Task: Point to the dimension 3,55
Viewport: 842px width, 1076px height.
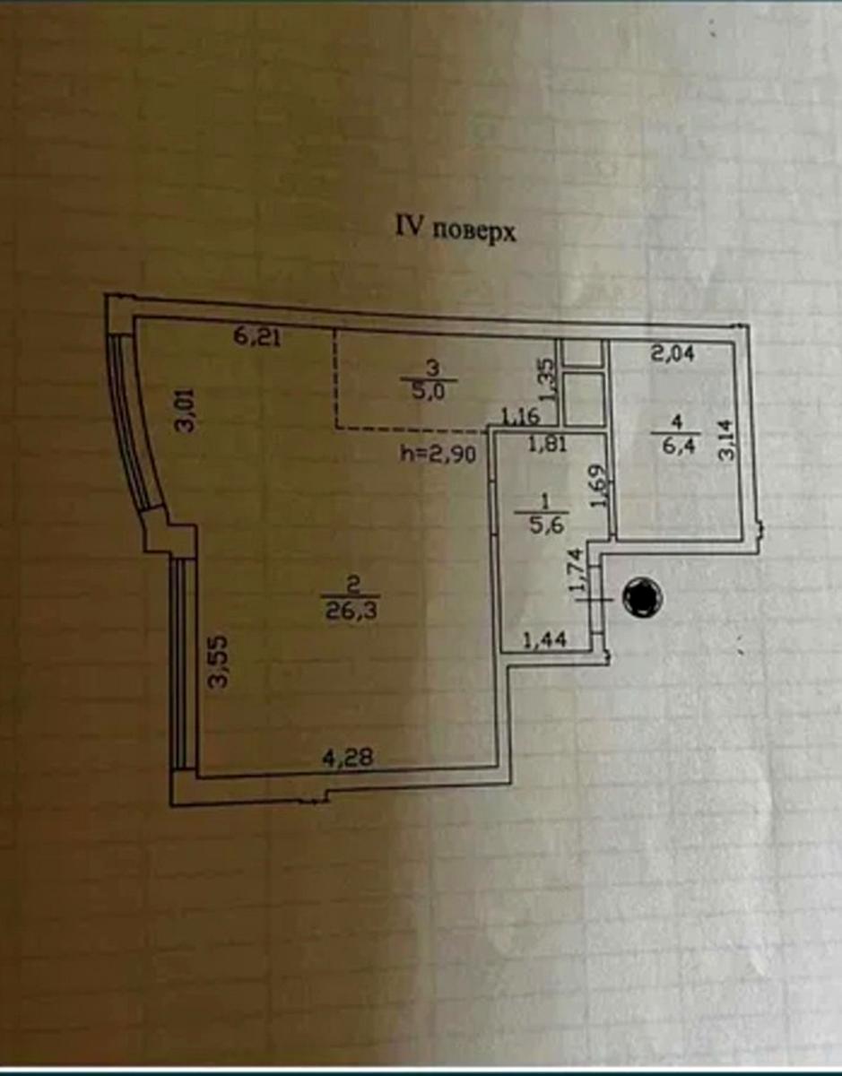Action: point(218,662)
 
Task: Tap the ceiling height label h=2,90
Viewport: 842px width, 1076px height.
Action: point(438,454)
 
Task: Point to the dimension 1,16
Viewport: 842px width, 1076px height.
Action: point(520,415)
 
